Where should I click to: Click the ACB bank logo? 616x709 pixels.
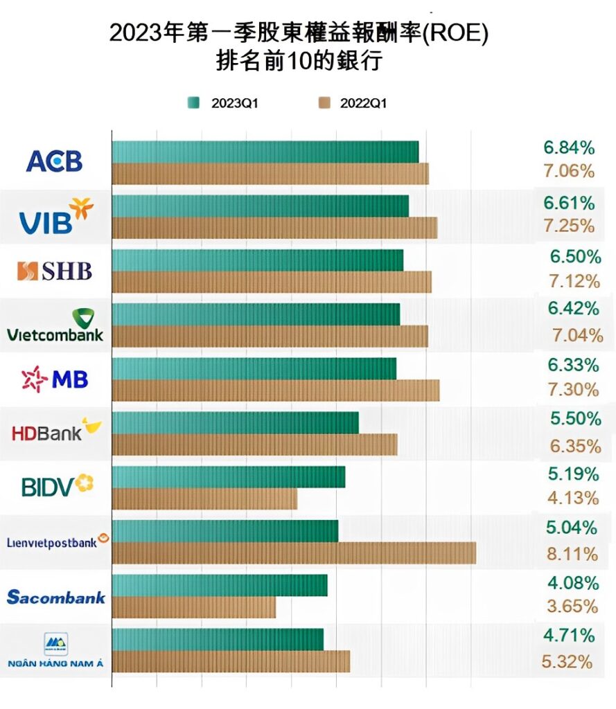tap(54, 161)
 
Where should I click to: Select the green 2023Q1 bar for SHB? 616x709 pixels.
tap(257, 260)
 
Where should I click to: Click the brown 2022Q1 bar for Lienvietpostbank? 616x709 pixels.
tap(294, 553)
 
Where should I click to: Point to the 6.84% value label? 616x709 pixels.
tap(569, 147)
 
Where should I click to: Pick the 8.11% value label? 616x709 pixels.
tap(572, 553)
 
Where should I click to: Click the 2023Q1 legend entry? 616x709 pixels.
tap(226, 103)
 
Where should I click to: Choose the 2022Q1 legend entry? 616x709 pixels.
tap(353, 103)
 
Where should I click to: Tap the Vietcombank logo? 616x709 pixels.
tap(55, 325)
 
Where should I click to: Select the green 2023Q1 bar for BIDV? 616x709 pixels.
tap(228, 477)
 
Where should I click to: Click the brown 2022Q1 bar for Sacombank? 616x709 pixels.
tap(193, 607)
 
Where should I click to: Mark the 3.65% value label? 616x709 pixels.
tap(572, 607)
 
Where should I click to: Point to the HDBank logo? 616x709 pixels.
tap(56, 431)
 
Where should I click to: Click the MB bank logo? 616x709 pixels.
tap(55, 379)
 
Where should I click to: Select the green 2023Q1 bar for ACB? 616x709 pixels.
tap(265, 152)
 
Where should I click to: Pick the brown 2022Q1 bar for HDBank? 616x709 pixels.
tap(254, 445)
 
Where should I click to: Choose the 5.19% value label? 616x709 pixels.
tap(572, 474)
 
